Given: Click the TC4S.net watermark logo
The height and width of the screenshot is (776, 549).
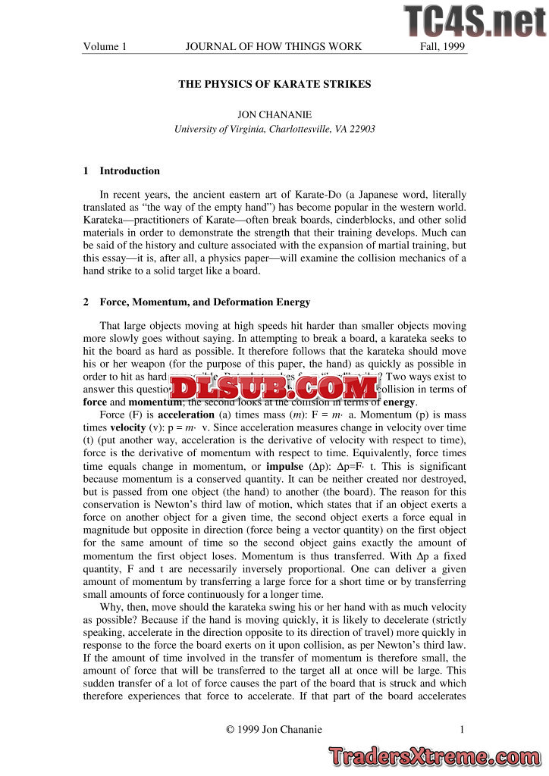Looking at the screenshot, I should [x=475, y=21].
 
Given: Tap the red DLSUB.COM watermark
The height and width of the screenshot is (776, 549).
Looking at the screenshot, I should [x=274, y=389].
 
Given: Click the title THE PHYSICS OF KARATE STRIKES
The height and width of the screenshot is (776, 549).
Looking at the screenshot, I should [x=274, y=84].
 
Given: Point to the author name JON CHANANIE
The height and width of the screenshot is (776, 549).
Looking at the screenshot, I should [x=274, y=114].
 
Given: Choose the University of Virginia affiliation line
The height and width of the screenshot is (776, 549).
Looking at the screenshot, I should [x=274, y=129].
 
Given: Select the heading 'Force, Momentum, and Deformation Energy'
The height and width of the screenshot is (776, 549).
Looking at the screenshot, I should [x=205, y=302].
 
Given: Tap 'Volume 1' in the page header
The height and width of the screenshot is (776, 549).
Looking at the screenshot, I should [x=105, y=47].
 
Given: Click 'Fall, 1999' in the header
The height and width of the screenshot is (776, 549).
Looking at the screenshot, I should [x=443, y=47].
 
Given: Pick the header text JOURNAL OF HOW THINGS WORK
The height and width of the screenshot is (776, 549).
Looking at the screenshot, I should [x=274, y=47].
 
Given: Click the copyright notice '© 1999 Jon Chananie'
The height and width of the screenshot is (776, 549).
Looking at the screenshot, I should [x=274, y=730].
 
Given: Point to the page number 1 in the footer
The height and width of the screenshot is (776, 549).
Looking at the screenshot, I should [x=461, y=730].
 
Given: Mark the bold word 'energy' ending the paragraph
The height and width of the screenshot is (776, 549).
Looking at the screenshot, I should [x=399, y=402].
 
